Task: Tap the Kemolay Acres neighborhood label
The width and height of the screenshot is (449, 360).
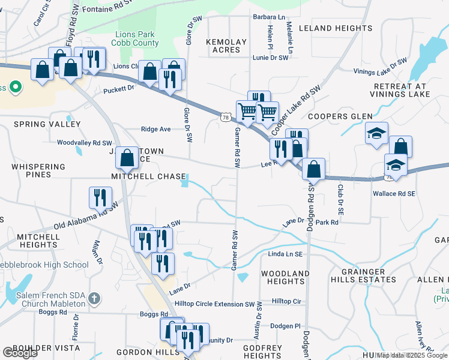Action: click(x=226, y=46)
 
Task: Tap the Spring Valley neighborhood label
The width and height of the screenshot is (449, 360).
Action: click(x=47, y=124)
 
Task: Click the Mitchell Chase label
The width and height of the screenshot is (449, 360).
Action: click(x=148, y=176)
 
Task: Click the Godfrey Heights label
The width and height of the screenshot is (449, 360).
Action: click(x=263, y=352)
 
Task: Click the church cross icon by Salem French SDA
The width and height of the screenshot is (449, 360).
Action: click(x=94, y=298)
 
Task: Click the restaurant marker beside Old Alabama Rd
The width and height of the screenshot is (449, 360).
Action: click(x=100, y=196)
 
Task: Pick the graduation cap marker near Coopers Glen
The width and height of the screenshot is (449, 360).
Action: click(x=376, y=133)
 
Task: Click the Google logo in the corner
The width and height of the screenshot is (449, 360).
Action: click(x=19, y=353)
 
